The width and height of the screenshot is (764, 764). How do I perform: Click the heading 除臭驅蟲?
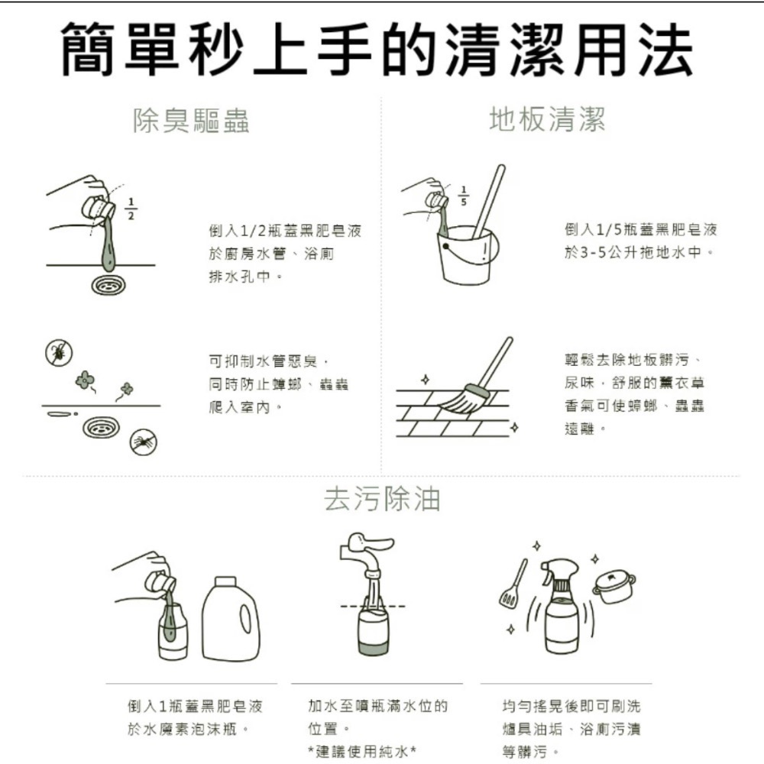191,121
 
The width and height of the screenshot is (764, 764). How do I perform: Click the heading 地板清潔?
547,120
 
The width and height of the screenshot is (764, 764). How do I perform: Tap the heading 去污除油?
382,498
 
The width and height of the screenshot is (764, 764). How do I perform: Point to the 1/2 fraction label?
131,208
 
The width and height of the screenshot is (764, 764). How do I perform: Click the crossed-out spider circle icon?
144,442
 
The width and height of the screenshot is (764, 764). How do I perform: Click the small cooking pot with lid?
613,587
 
